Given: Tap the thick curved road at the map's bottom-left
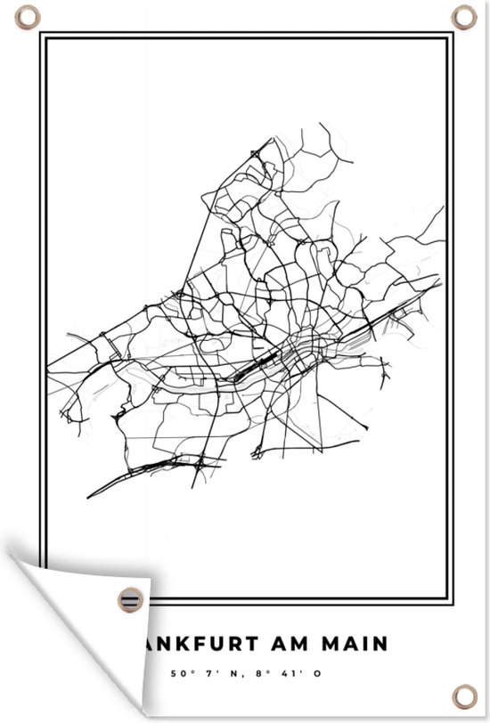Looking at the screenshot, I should coord(134,476).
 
